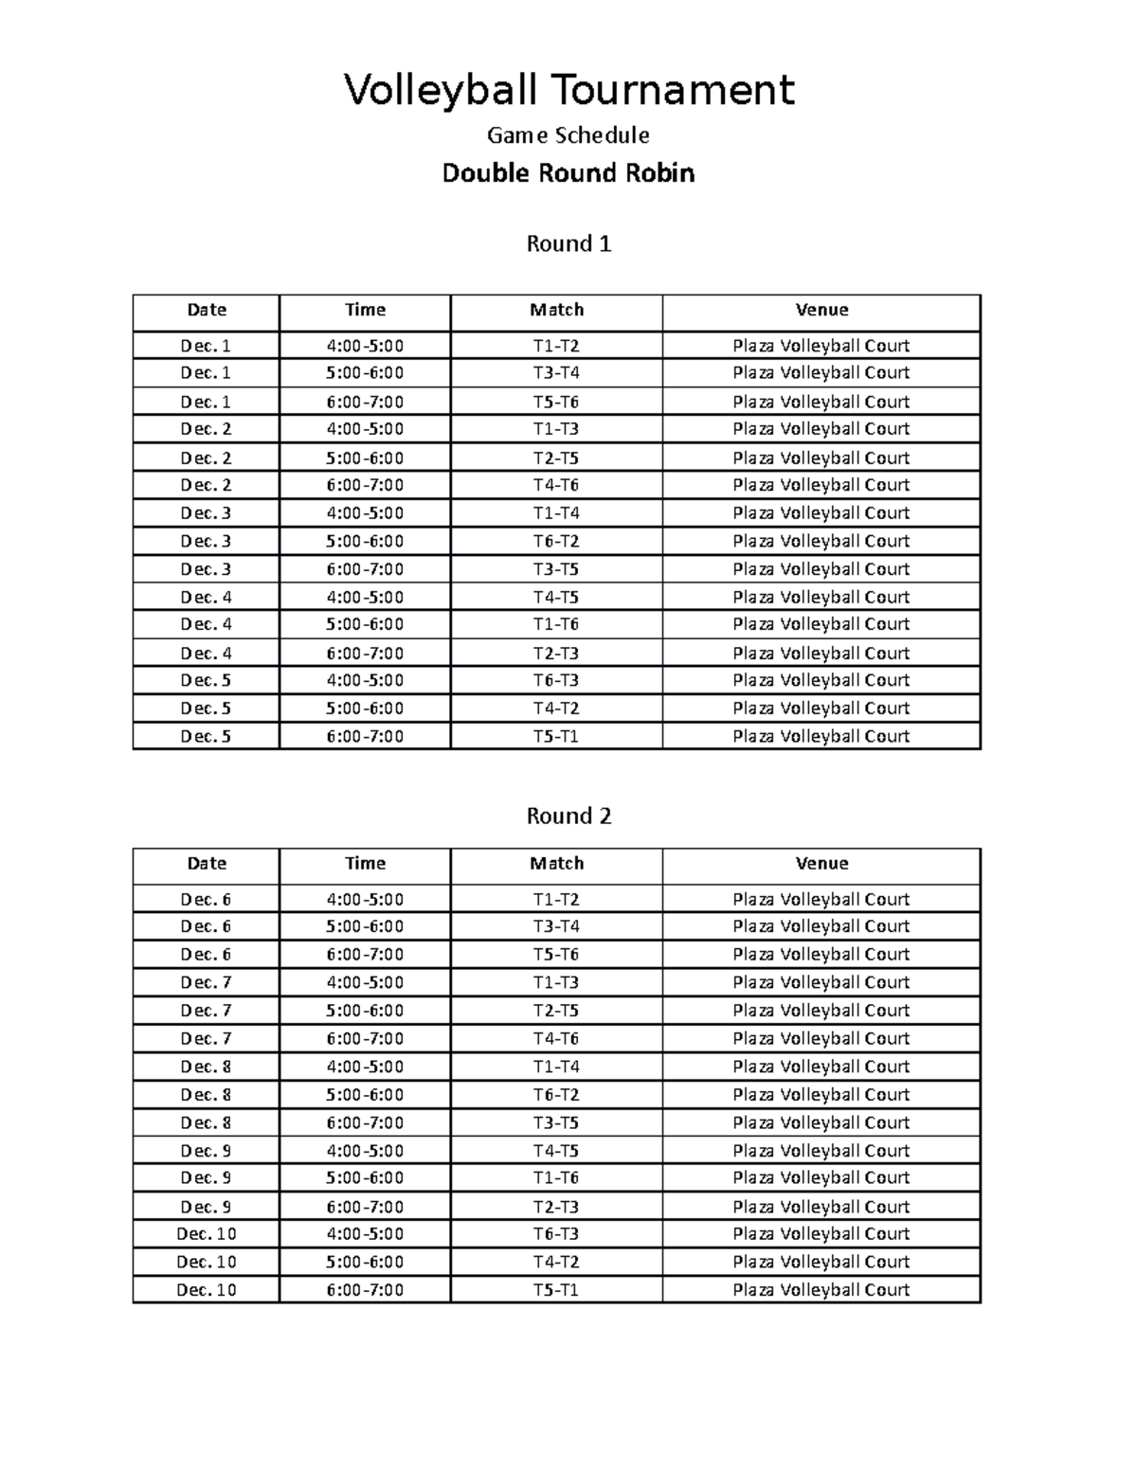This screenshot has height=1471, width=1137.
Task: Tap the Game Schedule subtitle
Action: pyautogui.click(x=568, y=135)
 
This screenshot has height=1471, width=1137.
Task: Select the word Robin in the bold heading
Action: pyautogui.click(x=653, y=173)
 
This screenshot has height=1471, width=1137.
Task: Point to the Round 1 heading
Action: pyautogui.click(x=568, y=244)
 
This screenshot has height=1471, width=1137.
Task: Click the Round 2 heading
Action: pyautogui.click(x=568, y=816)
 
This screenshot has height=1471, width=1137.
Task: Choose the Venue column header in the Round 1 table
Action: pyautogui.click(x=821, y=310)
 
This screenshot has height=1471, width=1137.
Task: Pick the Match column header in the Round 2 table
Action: pyautogui.click(x=556, y=863)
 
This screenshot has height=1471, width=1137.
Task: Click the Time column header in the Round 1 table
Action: pyautogui.click(x=365, y=310)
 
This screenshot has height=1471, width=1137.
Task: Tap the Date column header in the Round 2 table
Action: pyautogui.click(x=207, y=863)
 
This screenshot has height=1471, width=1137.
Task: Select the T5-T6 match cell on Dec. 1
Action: pyautogui.click(x=556, y=402)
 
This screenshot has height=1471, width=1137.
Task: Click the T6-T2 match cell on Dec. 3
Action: pyautogui.click(x=556, y=541)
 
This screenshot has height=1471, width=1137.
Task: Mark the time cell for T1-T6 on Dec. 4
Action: pyautogui.click(x=365, y=624)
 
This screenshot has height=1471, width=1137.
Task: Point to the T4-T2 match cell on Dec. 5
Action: pyautogui.click(x=556, y=709)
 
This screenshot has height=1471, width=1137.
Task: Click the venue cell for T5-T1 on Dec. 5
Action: pyautogui.click(x=821, y=736)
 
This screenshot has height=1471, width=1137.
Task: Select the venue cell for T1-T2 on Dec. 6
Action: pyautogui.click(x=821, y=899)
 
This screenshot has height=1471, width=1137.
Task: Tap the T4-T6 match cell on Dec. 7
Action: pyautogui.click(x=556, y=1038)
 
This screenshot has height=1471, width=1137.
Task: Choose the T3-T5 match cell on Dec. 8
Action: pyautogui.click(x=556, y=1122)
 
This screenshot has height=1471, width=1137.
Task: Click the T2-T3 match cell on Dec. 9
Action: pyautogui.click(x=556, y=1207)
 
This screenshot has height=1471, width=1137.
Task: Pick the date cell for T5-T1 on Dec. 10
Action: pyautogui.click(x=207, y=1290)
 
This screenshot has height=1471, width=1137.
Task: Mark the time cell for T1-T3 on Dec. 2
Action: pyautogui.click(x=365, y=429)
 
